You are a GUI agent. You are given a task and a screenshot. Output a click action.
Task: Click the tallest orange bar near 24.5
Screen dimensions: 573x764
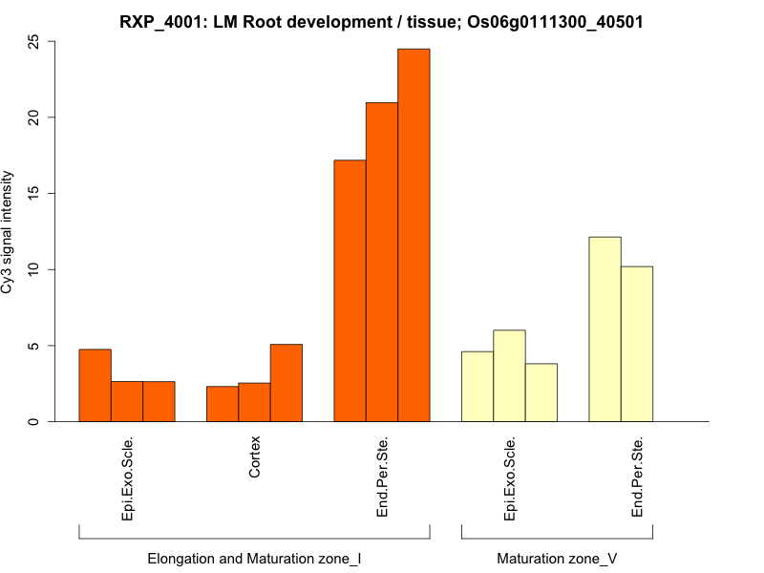pos(414,235)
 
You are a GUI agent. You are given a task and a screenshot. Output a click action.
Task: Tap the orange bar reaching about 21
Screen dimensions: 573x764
pos(382,262)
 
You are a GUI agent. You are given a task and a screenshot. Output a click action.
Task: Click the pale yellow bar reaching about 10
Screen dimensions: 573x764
pos(637,344)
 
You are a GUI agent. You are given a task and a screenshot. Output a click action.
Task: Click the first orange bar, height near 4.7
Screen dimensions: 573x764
pos(95,385)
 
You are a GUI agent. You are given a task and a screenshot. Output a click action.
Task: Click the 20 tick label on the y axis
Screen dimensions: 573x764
pos(34,117)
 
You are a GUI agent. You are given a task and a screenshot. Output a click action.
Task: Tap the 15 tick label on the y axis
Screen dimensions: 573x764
pos(34,193)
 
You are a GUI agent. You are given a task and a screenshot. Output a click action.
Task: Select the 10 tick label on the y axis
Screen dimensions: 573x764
pos(34,269)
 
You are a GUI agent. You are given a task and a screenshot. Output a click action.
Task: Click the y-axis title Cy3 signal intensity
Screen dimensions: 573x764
pos(9,232)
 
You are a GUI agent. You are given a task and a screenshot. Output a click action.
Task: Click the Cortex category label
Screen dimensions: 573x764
pos(255,457)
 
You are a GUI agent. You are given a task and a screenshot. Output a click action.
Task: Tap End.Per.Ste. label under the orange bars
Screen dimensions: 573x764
pos(382,477)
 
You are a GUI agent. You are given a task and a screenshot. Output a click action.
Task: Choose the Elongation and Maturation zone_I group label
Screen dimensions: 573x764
pos(254,558)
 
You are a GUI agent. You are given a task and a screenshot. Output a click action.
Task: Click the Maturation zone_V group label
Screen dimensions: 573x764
pos(557,558)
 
